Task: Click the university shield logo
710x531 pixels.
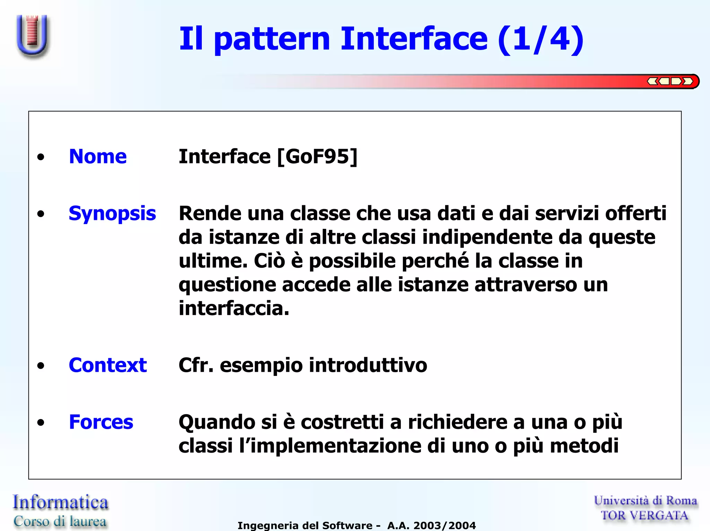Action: pos(32,35)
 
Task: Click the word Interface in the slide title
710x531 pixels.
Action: pos(414,39)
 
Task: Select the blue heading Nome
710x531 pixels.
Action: pos(98,156)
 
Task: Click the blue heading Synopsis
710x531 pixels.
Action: pos(112,213)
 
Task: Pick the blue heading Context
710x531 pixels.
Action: pos(108,365)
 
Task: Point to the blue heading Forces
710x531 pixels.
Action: pos(101,422)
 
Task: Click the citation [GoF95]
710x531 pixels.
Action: pos(317,156)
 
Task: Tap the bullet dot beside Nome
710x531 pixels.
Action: pos(41,157)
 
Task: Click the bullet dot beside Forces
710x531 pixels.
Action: pos(41,423)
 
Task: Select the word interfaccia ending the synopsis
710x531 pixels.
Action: pos(234,308)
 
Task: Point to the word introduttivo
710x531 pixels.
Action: pos(368,365)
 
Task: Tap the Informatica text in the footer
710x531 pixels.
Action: pos(60,502)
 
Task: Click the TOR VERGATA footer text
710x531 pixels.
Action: pos(644,515)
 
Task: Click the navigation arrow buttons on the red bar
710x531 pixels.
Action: pos(670,82)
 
